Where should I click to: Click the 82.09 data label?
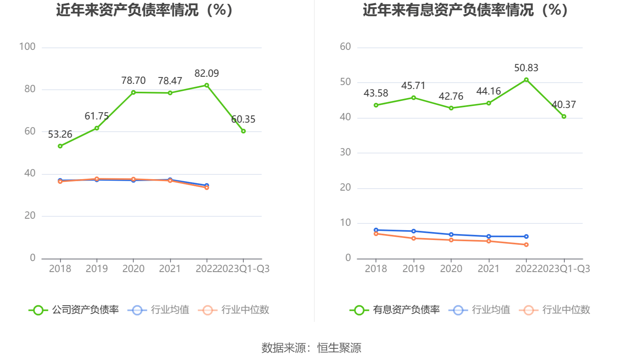pyautogui.click(x=206, y=74)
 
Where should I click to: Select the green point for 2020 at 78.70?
pyautogui.click(x=133, y=93)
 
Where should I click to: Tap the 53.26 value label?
pyautogui.click(x=60, y=134)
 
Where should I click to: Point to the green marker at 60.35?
pyautogui.click(x=243, y=131)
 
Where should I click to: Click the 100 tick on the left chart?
pyautogui.click(x=27, y=47)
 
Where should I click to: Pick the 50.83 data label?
pyautogui.click(x=526, y=68)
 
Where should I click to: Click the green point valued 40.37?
pyautogui.click(x=564, y=117)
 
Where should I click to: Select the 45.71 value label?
pyautogui.click(x=413, y=86)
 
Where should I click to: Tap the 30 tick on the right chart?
pyautogui.click(x=345, y=152)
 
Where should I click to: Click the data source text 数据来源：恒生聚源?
pyautogui.click(x=311, y=348)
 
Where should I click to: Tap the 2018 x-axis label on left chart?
pyautogui.click(x=60, y=269)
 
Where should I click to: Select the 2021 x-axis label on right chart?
pyautogui.click(x=488, y=269)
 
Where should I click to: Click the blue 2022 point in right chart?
pyautogui.click(x=526, y=236)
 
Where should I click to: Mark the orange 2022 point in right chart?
pyautogui.click(x=526, y=245)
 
